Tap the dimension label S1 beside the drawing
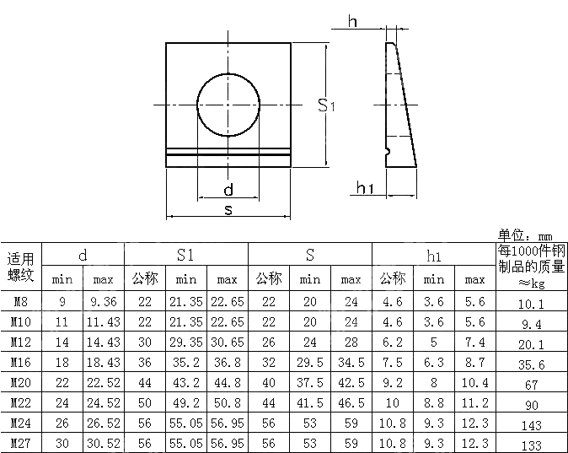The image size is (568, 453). pyautogui.click(x=327, y=105)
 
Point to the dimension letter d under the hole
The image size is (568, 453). pyautogui.click(x=228, y=189)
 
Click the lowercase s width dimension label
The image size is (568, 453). pyautogui.click(x=228, y=209)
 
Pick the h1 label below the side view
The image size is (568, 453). pyautogui.click(x=365, y=187)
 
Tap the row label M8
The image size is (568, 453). pyautogui.click(x=21, y=301)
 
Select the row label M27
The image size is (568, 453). pyautogui.click(x=21, y=443)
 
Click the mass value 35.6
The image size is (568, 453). pyautogui.click(x=530, y=364)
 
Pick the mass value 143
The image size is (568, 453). pyautogui.click(x=530, y=426)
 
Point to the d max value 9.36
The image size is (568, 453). pyautogui.click(x=103, y=301)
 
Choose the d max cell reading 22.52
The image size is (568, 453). pyautogui.click(x=103, y=382)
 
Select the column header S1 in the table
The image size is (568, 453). pyautogui.click(x=186, y=255)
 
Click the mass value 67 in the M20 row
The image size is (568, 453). pyautogui.click(x=530, y=385)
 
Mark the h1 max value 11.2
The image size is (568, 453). pyautogui.click(x=474, y=402)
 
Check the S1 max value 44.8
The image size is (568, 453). pyautogui.click(x=227, y=382)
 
